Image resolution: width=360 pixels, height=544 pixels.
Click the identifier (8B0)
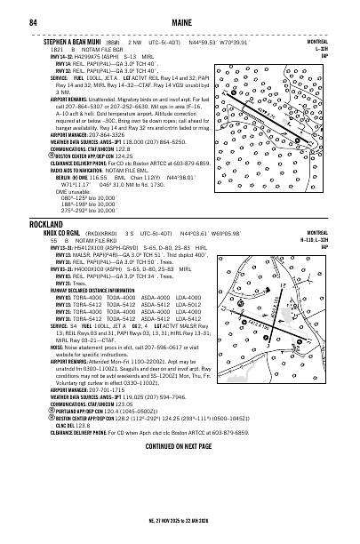[132, 42]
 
